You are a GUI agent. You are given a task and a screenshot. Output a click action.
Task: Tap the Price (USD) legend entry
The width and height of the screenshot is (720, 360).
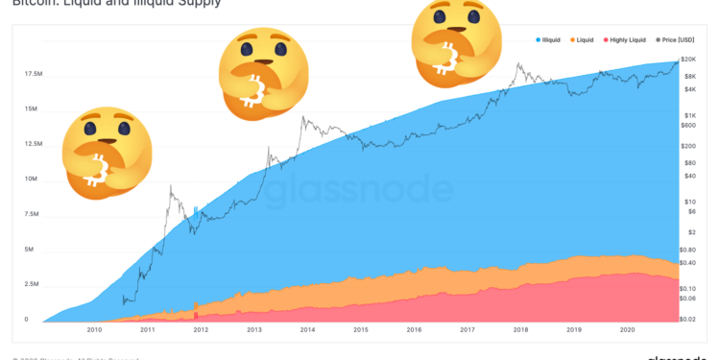pyautogui.click(x=676, y=39)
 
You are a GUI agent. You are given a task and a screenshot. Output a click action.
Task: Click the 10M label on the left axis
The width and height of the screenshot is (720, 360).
pyautogui.click(x=32, y=180)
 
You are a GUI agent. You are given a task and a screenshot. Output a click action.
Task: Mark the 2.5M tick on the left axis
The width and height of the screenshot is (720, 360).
pyautogui.click(x=32, y=285)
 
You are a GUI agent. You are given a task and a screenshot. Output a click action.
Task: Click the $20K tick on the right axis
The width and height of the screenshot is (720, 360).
pyautogui.click(x=689, y=60)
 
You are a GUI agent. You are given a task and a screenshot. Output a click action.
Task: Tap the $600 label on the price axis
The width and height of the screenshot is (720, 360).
pyautogui.click(x=688, y=125)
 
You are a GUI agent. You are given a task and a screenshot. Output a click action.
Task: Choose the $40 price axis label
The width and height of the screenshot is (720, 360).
pyautogui.click(x=688, y=176)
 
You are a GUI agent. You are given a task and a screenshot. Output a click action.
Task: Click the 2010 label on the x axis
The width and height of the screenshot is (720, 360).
pyautogui.click(x=94, y=329)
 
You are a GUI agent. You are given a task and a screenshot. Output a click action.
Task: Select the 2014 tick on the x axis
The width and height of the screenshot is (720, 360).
pyautogui.click(x=306, y=329)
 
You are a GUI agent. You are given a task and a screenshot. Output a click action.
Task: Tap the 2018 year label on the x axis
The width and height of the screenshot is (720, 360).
pyautogui.click(x=519, y=329)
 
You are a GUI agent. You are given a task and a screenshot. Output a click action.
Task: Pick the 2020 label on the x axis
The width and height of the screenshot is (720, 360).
pyautogui.click(x=626, y=329)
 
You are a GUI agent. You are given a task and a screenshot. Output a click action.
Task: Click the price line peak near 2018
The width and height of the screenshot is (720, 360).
pyautogui.click(x=519, y=65)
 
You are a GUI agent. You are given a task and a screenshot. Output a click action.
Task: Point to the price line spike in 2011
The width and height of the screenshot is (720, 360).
pyautogui.click(x=170, y=187)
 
